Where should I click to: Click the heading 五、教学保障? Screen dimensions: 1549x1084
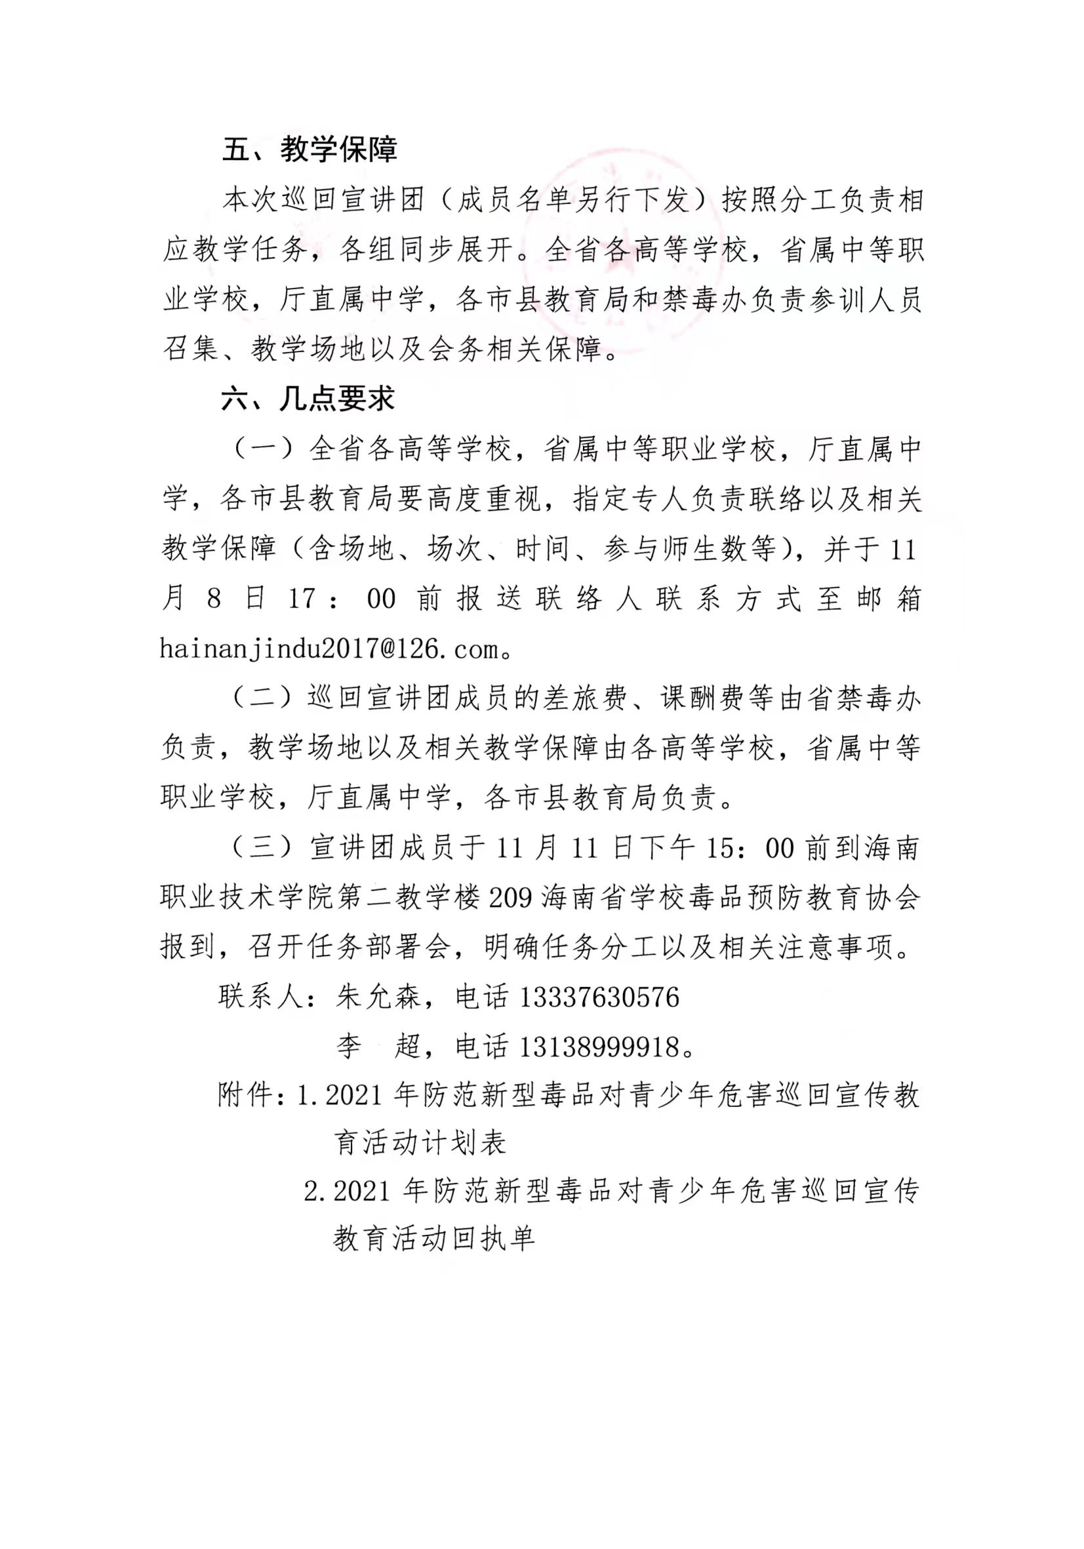[310, 149]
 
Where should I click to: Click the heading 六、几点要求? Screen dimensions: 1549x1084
[308, 399]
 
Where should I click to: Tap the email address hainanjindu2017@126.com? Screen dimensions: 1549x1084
[329, 649]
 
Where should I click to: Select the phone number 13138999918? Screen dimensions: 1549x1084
[599, 1047]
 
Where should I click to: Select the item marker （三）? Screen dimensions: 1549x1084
[263, 848]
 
